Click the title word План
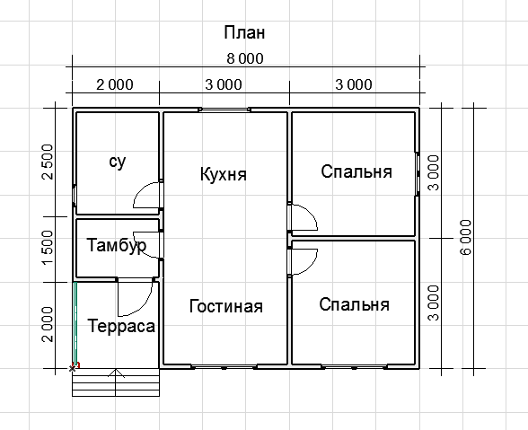click(244, 32)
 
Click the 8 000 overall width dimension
click(245, 58)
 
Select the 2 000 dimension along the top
click(115, 84)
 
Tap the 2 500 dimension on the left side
click(48, 162)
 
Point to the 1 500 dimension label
click(48, 248)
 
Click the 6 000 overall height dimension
click(466, 238)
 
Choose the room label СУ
click(118, 162)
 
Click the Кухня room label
click(224, 174)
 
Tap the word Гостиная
click(226, 306)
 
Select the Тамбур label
click(117, 245)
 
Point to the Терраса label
click(121, 326)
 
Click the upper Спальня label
click(356, 171)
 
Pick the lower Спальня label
click(354, 304)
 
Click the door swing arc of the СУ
click(139, 190)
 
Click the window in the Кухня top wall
click(224, 110)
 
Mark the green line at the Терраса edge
click(75, 325)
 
